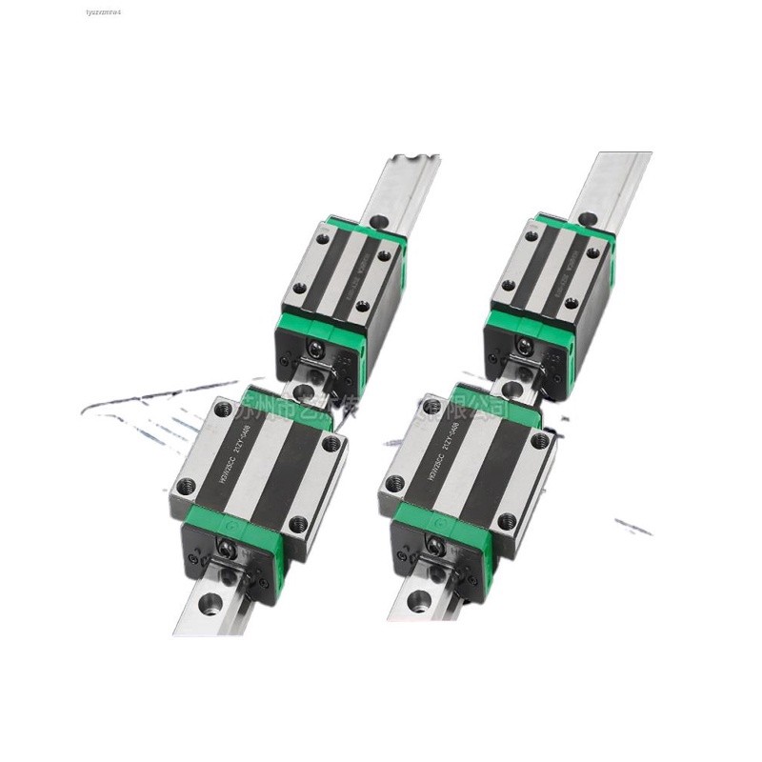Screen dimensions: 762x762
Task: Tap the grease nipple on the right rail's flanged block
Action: point(434,546)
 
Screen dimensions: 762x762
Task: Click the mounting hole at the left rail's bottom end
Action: point(209,603)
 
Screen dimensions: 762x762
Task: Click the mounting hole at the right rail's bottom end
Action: point(417,600)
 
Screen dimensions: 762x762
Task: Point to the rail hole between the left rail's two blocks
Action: point(302,391)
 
